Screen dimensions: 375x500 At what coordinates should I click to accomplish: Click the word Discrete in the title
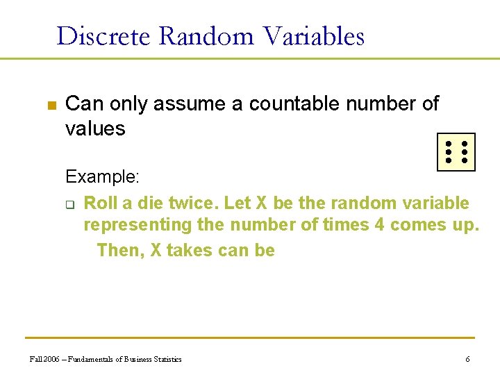pyautogui.click(x=102, y=35)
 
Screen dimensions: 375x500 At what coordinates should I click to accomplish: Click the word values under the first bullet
pyautogui.click(x=95, y=128)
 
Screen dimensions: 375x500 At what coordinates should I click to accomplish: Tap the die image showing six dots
pyautogui.click(x=456, y=151)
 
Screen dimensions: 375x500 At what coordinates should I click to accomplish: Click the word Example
pyautogui.click(x=102, y=177)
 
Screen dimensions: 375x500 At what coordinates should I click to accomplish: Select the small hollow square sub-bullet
pyautogui.click(x=70, y=204)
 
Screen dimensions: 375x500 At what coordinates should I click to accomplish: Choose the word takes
pyautogui.click(x=190, y=250)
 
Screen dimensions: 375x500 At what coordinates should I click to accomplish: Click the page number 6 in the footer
pyautogui.click(x=467, y=359)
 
